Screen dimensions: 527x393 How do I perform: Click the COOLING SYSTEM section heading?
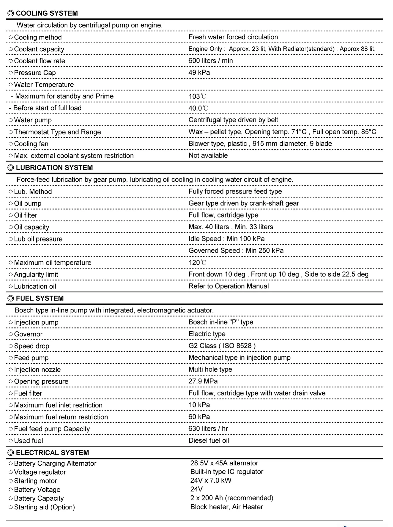click(x=47, y=13)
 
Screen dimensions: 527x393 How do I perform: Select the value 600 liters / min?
click(x=210, y=61)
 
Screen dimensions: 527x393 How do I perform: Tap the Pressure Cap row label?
click(x=35, y=73)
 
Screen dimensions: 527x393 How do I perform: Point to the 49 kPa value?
click(x=199, y=72)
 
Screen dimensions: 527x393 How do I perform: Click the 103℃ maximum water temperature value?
click(x=197, y=96)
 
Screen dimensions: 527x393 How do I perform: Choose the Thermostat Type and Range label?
click(x=57, y=132)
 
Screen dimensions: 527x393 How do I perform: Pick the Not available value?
click(x=208, y=155)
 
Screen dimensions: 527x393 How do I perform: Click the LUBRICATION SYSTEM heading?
click(x=54, y=168)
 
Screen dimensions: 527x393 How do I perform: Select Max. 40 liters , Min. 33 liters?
click(x=231, y=227)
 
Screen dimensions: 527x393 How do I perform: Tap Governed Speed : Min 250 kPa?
click(x=236, y=251)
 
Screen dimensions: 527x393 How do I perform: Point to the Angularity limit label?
click(x=36, y=274)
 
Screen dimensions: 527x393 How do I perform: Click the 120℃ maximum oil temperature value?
click(x=197, y=263)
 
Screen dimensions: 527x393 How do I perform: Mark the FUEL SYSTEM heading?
click(x=40, y=298)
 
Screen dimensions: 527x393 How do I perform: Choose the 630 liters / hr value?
click(x=208, y=428)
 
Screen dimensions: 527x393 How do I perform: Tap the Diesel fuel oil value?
click(x=209, y=440)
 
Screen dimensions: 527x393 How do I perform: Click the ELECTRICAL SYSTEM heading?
click(x=52, y=453)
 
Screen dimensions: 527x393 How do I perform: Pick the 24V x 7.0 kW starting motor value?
click(x=211, y=480)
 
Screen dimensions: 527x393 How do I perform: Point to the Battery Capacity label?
click(x=39, y=498)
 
